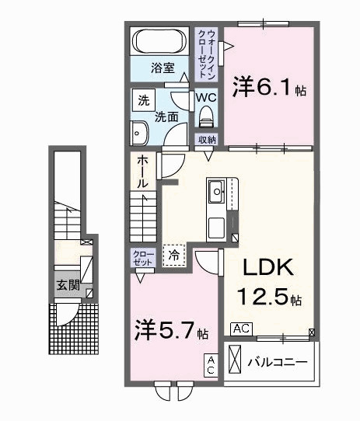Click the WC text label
click(205, 98)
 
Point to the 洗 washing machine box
click(143, 99)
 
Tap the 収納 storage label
click(206, 140)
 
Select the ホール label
click(143, 172)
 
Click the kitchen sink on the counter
click(215, 190)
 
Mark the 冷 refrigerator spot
click(175, 254)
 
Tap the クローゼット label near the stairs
click(143, 258)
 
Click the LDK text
click(269, 268)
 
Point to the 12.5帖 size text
click(270, 298)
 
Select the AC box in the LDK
click(240, 329)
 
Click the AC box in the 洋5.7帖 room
click(210, 365)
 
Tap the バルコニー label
click(278, 363)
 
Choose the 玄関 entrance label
click(67, 285)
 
